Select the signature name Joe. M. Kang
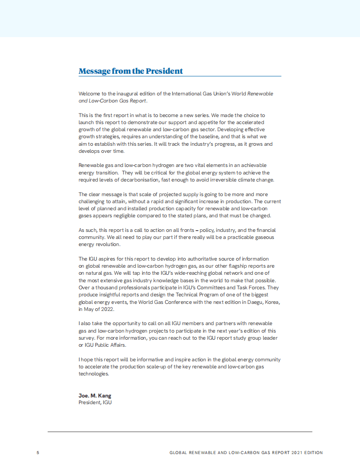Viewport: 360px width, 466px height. point(95,395)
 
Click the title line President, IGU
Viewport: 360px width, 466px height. point(95,402)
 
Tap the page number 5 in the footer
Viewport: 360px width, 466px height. point(38,453)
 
